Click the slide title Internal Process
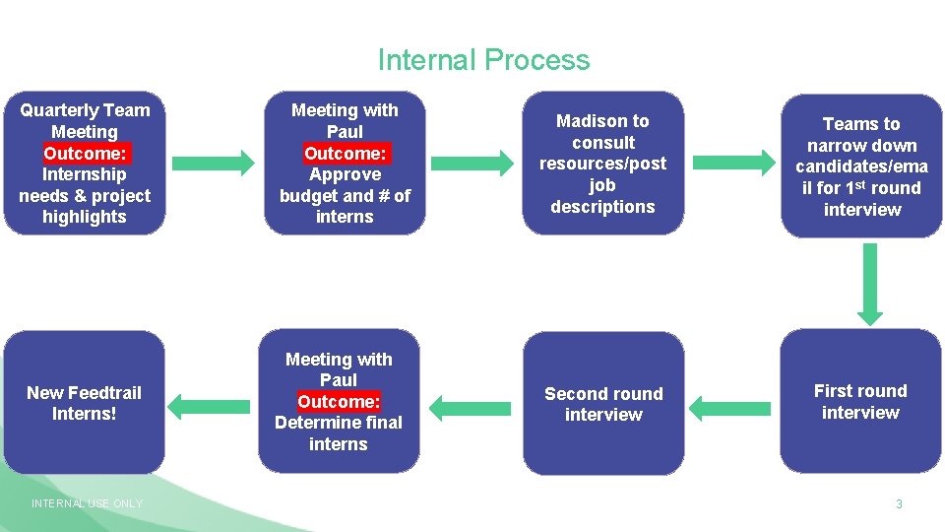483,60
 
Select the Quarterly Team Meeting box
85,164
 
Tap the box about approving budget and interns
345,164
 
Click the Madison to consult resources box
602,164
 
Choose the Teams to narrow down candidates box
861,166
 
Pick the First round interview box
860,401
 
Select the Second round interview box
603,403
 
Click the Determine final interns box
338,401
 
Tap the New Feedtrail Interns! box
85,402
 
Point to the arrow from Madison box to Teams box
733,162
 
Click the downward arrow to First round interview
870,284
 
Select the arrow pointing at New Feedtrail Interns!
211,403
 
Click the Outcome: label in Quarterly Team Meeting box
85,153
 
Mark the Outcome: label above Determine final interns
338,401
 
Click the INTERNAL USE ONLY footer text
87,503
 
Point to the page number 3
898,504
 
